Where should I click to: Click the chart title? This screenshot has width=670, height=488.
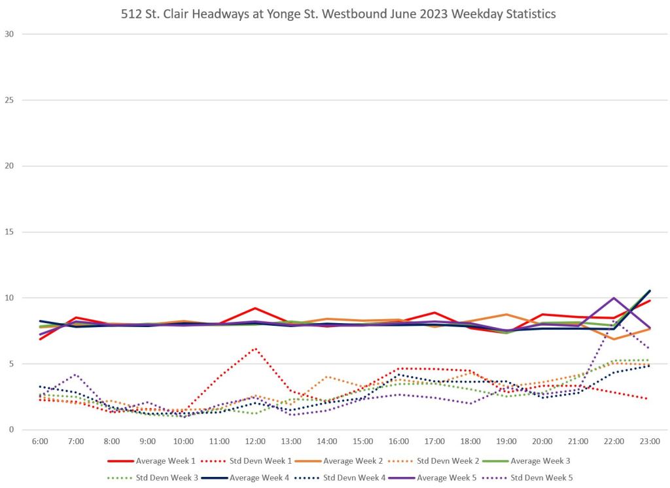click(x=338, y=14)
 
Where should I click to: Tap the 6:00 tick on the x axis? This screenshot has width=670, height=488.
click(x=40, y=442)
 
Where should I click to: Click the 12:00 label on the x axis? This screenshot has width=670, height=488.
click(x=255, y=442)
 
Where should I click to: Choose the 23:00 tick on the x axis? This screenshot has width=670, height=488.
click(x=650, y=442)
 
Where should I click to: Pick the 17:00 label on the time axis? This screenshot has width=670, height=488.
click(x=434, y=442)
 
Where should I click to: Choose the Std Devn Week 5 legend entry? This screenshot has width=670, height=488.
click(x=539, y=478)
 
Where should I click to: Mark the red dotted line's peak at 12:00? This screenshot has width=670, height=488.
click(x=255, y=348)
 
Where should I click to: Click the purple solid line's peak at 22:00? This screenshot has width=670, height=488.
click(x=614, y=298)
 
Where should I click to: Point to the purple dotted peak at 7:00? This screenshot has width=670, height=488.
click(x=76, y=374)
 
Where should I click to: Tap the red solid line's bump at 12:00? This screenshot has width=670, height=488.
click(x=255, y=308)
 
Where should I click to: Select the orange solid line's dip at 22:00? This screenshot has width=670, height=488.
click(x=614, y=339)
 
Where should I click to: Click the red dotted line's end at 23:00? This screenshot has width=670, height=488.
click(x=649, y=399)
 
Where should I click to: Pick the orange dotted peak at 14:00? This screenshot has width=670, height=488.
click(x=327, y=377)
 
